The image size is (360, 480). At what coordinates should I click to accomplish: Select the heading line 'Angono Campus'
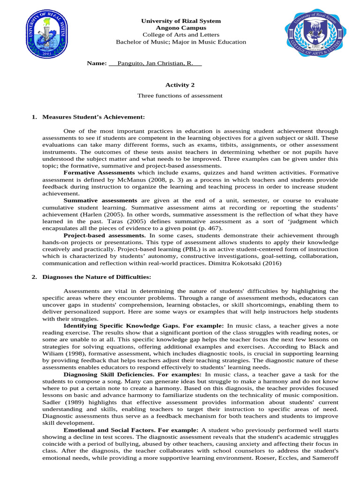[181, 28]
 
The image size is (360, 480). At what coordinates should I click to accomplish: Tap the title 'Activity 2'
[180, 85]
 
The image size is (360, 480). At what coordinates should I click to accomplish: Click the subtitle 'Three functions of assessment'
[180, 96]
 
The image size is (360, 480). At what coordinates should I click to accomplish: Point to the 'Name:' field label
[97, 63]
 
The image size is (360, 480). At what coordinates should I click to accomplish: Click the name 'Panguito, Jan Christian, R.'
[155, 63]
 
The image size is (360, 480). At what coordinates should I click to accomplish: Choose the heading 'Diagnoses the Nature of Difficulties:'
[97, 277]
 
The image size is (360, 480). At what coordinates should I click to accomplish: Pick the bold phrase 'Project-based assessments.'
[105, 235]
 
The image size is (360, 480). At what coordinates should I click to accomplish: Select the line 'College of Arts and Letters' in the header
[181, 35]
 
